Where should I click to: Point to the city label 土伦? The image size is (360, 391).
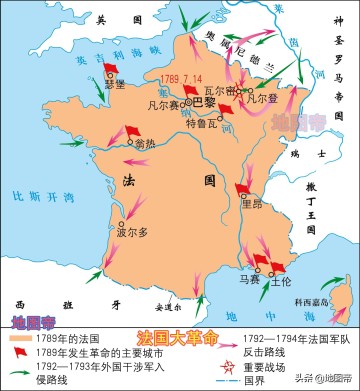[x=281, y=282]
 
